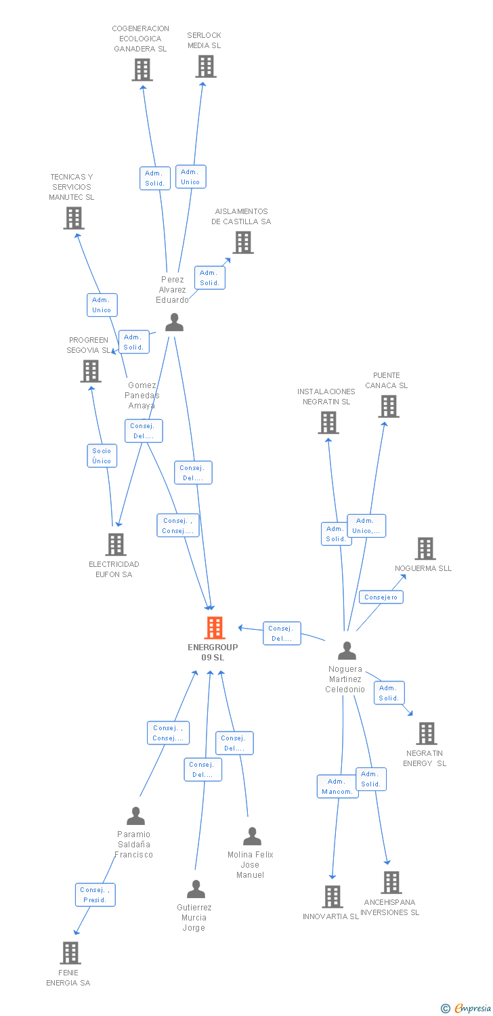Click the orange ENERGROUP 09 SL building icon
[x=215, y=628]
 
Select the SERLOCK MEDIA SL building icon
[x=206, y=66]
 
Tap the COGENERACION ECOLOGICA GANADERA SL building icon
[x=142, y=70]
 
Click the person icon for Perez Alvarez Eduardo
[x=174, y=322]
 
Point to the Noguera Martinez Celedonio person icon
[x=347, y=651]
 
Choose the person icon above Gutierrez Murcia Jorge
[x=196, y=889]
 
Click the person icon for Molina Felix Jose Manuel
[x=252, y=837]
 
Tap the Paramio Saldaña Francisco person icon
[x=135, y=816]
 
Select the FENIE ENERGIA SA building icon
[x=70, y=952]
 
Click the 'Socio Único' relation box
[x=102, y=456]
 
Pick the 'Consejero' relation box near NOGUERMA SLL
[x=381, y=597]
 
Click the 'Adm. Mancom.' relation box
[x=337, y=786]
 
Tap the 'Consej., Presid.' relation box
[x=95, y=895]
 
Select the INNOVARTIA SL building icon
[x=332, y=897]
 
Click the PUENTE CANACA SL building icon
[x=388, y=406]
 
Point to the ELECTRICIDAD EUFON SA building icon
[x=116, y=545]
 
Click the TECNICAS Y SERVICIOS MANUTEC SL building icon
[x=73, y=218]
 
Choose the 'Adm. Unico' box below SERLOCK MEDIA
[x=190, y=177]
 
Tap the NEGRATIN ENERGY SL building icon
[x=426, y=734]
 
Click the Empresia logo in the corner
[x=467, y=1009]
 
